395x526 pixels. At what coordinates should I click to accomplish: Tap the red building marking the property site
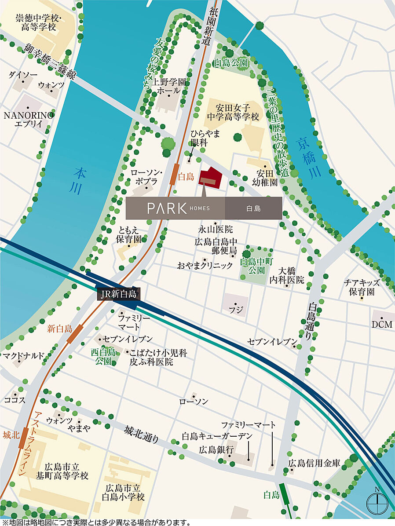(x=211, y=177)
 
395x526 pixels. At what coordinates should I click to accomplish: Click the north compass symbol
(x=378, y=500)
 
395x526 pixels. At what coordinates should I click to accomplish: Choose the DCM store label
(x=381, y=325)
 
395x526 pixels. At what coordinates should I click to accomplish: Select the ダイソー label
(x=23, y=75)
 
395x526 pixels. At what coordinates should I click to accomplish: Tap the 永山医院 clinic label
(x=216, y=229)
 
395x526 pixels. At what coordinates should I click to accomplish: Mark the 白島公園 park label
(x=230, y=63)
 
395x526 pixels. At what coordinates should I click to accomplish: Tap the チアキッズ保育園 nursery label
(x=362, y=287)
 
